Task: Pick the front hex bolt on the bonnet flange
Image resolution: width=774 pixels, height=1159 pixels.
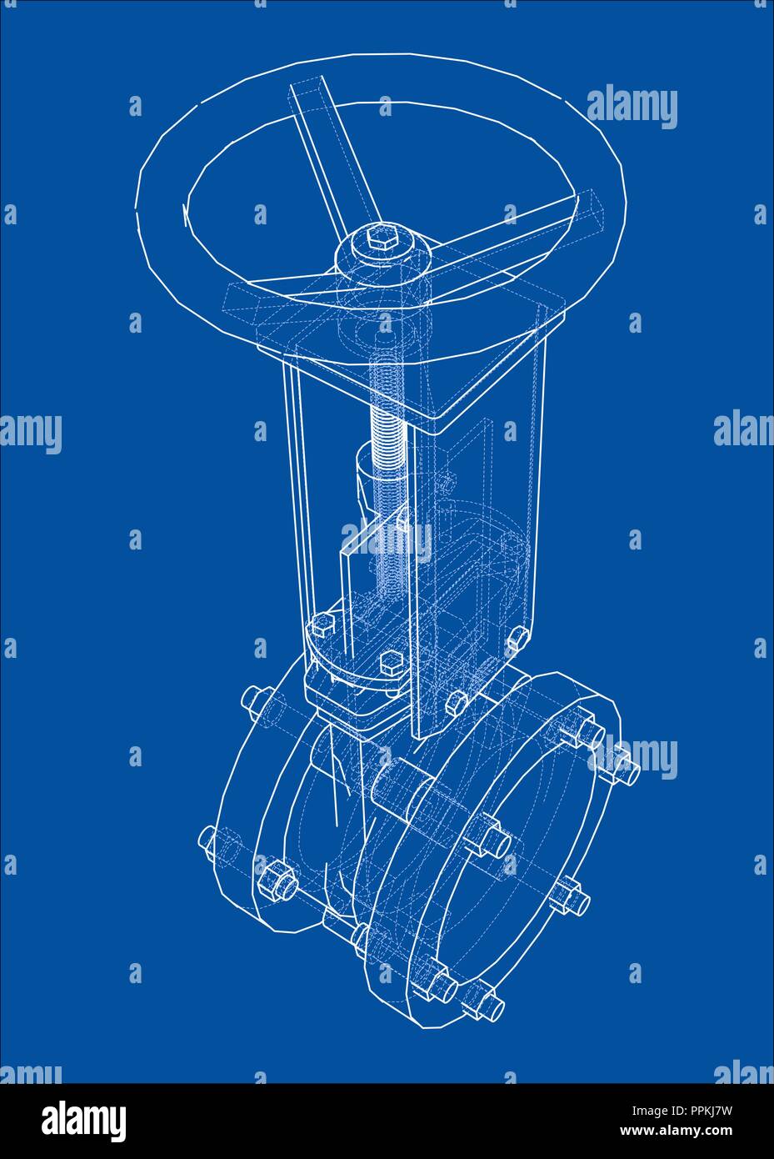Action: (x=389, y=665)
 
